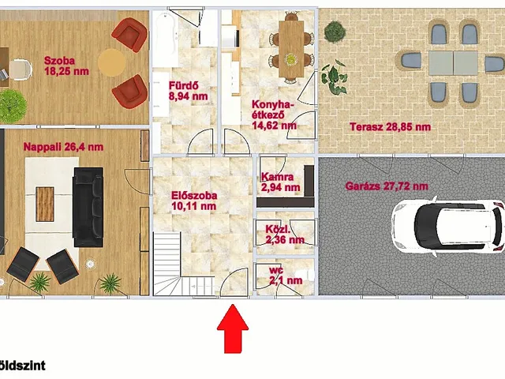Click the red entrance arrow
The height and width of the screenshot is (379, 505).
pos(233,328)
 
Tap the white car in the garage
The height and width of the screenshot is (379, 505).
pos(447,227)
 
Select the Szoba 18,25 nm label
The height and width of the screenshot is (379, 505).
pos(66,66)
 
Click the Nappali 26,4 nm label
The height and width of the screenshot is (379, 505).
pos(63,147)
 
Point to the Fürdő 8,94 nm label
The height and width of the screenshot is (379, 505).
pos(189,91)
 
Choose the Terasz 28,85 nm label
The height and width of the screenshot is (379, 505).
pos(390,126)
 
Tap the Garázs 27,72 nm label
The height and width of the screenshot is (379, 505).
pos(387,186)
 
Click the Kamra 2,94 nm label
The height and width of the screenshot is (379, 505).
pos(281,182)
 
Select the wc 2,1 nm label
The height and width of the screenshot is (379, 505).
pos(286,276)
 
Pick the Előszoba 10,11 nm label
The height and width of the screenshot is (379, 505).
pos(194,201)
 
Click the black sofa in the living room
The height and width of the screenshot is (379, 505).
pos(88,207)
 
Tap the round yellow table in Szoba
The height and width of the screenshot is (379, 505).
pos(112,62)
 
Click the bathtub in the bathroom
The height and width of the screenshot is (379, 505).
pos(166,38)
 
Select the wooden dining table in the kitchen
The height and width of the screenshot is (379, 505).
pos(291,49)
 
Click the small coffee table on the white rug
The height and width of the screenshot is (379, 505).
pos(45,204)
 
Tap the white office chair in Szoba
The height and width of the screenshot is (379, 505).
pos(20,69)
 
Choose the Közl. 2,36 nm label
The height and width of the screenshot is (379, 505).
pos(285,235)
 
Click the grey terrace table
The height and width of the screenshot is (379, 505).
pos(453,63)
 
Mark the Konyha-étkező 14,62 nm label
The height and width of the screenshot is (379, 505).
pos(274,114)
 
